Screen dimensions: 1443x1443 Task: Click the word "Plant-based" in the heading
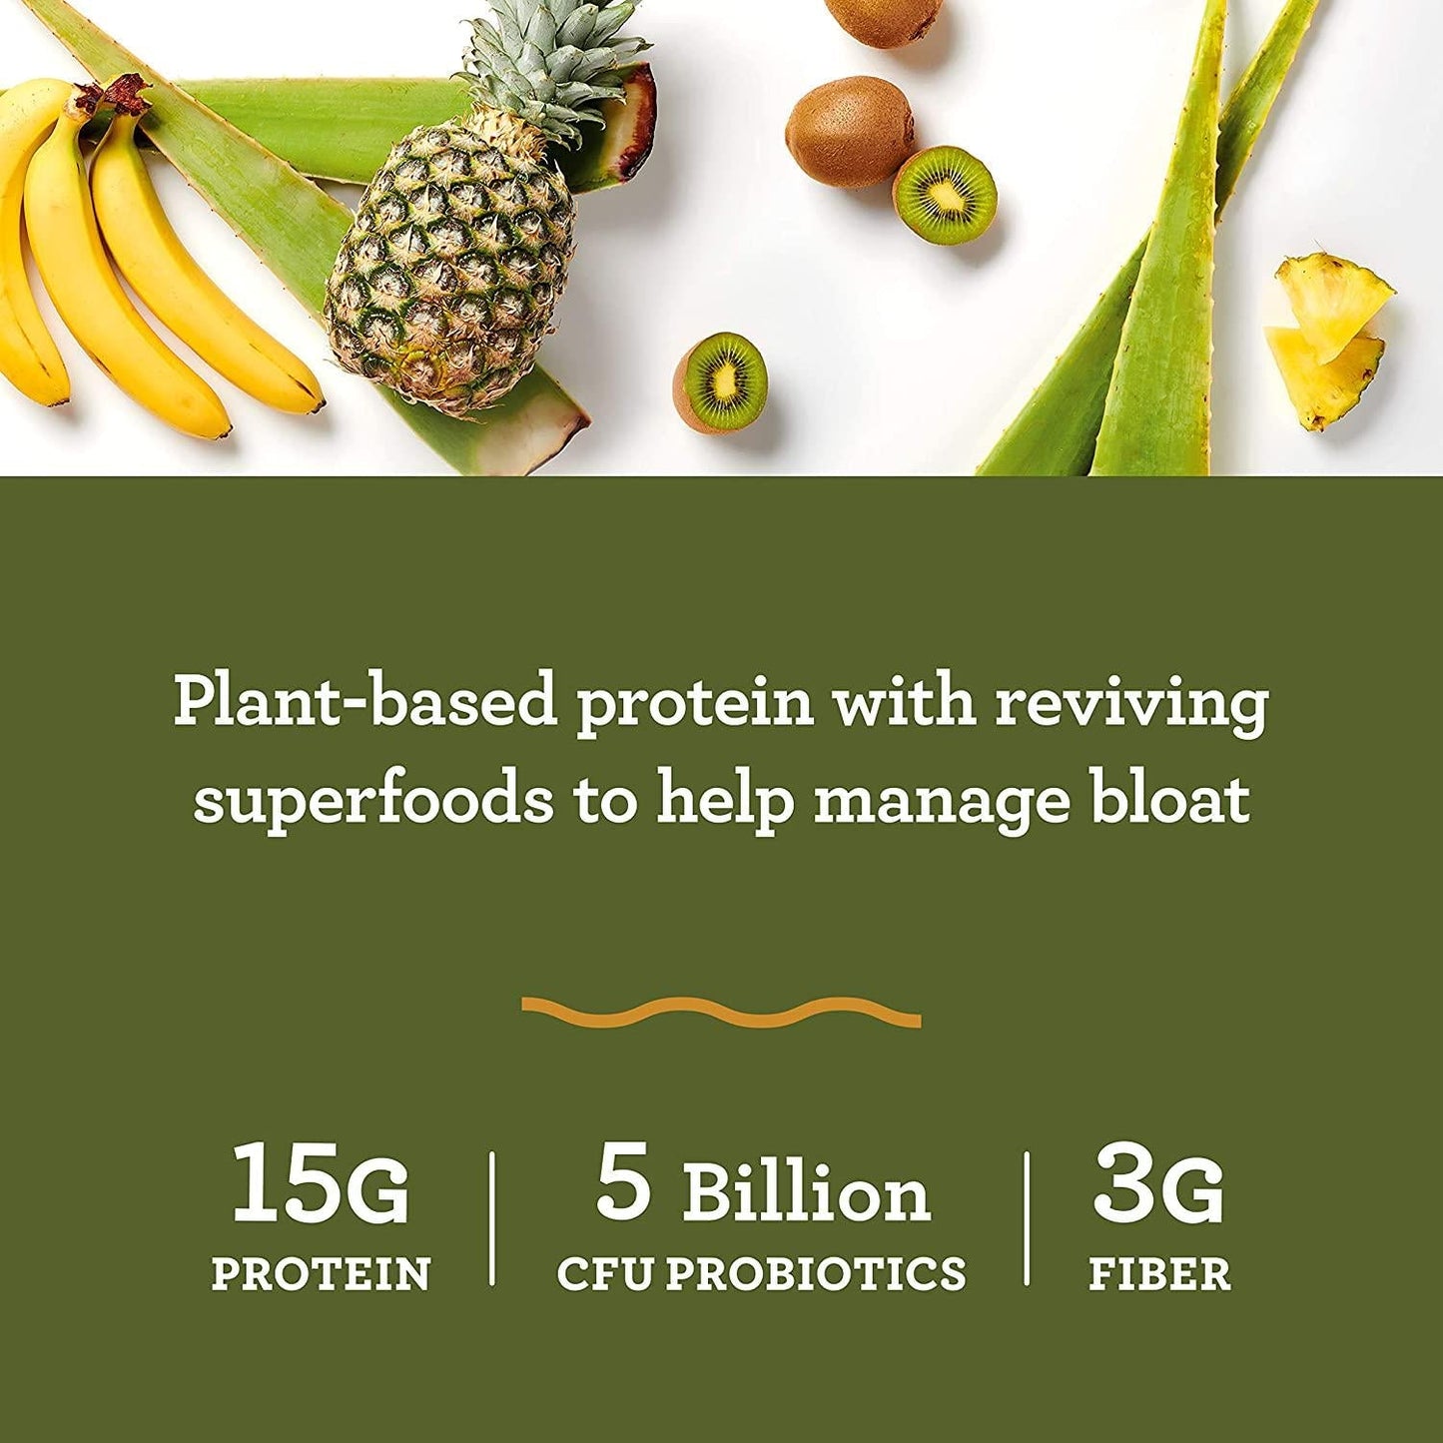coord(364,702)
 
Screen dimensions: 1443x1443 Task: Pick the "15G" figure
coord(320,1185)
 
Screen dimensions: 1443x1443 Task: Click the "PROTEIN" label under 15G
coord(321,1274)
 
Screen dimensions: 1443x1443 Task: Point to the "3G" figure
coord(1158,1185)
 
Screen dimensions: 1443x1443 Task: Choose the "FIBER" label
coord(1159,1274)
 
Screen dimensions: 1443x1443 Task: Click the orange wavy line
coord(721,1012)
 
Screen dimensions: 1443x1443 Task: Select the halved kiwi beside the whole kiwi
coord(944,195)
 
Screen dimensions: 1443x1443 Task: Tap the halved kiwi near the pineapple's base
coord(721,382)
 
